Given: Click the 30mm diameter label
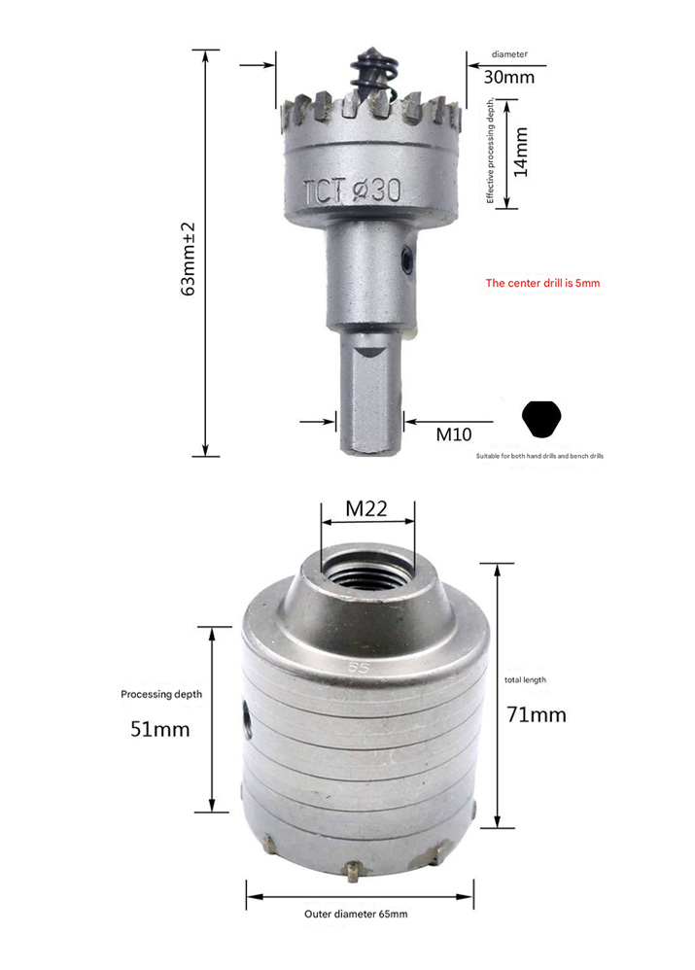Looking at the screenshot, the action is coord(508,78).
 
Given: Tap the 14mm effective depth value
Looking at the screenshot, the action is coord(521,153).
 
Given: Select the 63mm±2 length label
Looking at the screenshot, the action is coord(189,260).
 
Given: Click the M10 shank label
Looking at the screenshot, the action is coord(454,434).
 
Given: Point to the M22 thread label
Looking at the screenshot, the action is coord(366,508).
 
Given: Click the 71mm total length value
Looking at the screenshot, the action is coord(536,714).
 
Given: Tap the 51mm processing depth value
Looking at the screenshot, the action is coord(159,729).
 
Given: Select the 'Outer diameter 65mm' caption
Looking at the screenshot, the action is coord(356,914).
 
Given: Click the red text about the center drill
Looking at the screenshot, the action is coord(542,283).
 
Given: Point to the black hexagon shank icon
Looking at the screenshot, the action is coord(541,419).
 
